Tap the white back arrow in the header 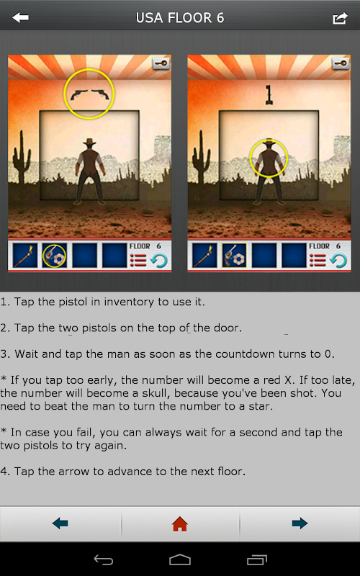[x=20, y=17]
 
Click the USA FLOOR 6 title [x=180, y=18]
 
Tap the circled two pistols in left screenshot [x=89, y=95]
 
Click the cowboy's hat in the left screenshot [x=89, y=142]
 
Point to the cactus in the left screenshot [x=22, y=157]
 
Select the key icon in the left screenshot [x=161, y=63]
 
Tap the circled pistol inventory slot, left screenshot [x=55, y=256]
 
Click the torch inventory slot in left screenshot [x=25, y=256]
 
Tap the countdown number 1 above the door [x=269, y=95]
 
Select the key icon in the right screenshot [x=341, y=63]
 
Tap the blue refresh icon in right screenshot [x=338, y=261]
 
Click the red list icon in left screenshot [x=138, y=261]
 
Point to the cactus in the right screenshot [x=202, y=157]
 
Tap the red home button [x=180, y=523]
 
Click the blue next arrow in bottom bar [x=300, y=523]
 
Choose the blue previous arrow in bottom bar [x=60, y=523]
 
